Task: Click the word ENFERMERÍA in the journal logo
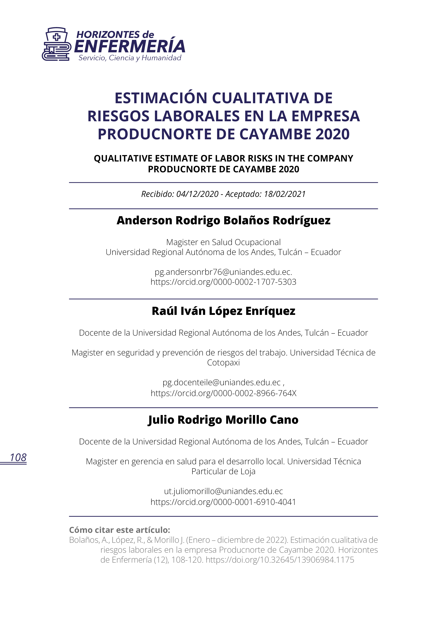pos(129,46)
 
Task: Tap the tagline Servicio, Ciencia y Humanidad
pos(130,58)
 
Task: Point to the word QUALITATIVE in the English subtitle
pos(123,159)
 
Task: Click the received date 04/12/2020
pos(197,194)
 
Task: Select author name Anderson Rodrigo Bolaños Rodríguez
pos(223,221)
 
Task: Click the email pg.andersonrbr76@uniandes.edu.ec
pos(223,272)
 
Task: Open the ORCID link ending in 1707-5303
pos(223,282)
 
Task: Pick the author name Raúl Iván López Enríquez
pos(223,311)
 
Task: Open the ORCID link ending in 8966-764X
pos(223,393)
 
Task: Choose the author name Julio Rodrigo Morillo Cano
pos(223,420)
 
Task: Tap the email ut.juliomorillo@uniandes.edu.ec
pos(223,491)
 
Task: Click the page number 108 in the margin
pos(18,458)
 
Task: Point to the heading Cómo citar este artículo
pos(120,530)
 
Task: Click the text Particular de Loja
pos(223,472)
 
